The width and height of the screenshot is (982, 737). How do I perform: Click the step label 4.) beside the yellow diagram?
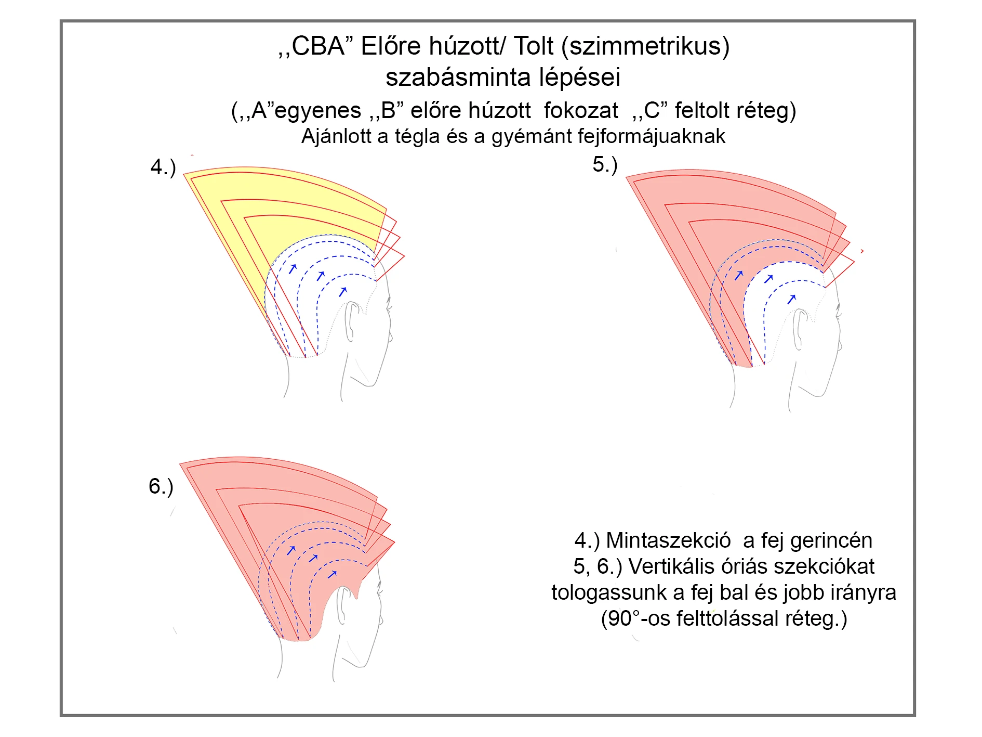click(x=163, y=167)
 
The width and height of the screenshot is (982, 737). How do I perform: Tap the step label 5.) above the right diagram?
click(x=605, y=165)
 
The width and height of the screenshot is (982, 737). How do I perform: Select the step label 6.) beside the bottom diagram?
click(x=161, y=487)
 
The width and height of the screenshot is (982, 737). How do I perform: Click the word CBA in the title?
click(x=318, y=46)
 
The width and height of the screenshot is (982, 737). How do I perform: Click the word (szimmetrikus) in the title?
click(x=646, y=46)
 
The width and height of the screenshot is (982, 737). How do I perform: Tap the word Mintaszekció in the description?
click(x=668, y=540)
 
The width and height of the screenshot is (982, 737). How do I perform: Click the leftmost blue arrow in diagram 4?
click(x=293, y=268)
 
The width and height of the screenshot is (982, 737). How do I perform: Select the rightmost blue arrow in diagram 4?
click(x=342, y=292)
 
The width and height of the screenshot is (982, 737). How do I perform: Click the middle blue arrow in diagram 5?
click(x=769, y=279)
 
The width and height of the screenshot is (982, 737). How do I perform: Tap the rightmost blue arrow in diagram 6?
click(x=333, y=574)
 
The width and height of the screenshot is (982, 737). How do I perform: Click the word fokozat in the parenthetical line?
click(x=581, y=111)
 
